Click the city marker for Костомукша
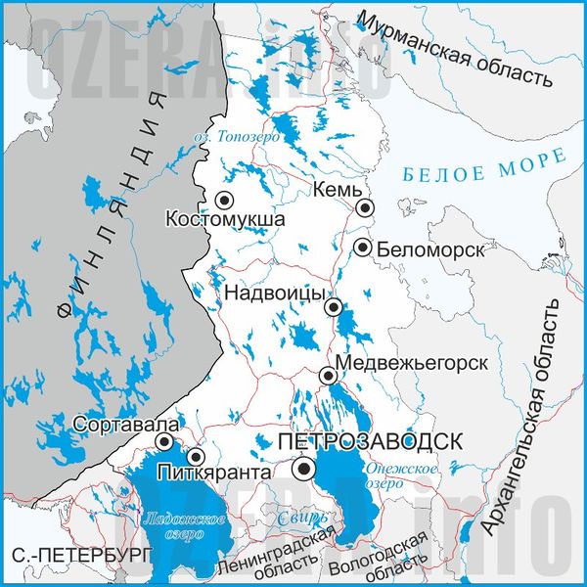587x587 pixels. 224,200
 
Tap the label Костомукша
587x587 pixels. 225,219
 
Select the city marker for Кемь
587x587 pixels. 365,207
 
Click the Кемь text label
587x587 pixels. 338,189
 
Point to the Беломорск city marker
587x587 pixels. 363,248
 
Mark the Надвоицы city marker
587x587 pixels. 334,307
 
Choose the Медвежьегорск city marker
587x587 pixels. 329,375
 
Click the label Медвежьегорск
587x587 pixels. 411,363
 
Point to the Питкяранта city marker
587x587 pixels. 196,456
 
